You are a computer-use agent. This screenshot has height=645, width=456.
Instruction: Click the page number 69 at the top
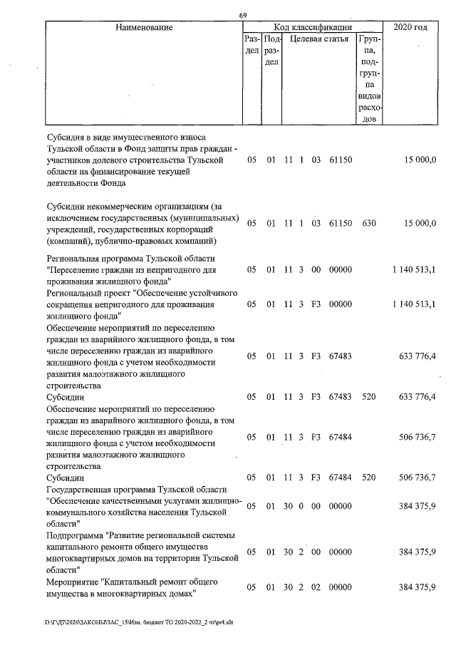point(243,16)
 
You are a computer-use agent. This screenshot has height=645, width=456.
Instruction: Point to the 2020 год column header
point(415,27)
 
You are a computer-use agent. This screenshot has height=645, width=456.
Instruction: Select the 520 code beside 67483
point(368,396)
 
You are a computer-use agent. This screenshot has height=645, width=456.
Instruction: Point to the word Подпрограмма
point(74,535)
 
